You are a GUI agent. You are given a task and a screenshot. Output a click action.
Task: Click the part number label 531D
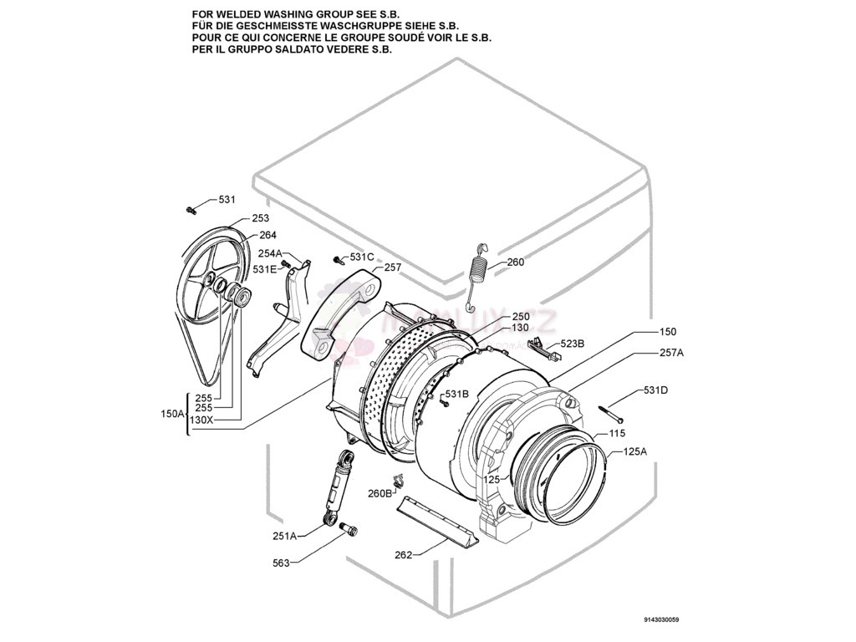pos(656,390)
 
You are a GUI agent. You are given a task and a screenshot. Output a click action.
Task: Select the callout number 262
pos(404,556)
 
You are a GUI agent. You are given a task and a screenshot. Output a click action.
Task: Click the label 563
pos(281,563)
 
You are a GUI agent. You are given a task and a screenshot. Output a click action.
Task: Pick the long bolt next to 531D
pos(612,413)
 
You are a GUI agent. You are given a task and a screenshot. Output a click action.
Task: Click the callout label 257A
pos(671,353)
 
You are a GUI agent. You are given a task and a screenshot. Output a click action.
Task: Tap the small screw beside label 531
pos(191,209)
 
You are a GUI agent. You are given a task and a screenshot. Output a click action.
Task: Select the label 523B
pos(572,344)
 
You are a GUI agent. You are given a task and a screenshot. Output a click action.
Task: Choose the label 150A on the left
pos(172,414)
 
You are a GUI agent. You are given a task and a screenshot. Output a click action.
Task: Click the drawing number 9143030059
pos(662,620)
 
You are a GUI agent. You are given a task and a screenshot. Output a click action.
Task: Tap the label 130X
pos(201,420)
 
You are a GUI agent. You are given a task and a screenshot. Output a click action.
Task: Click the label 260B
pos(380,493)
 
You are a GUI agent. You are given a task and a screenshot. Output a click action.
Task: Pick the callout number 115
pos(617,434)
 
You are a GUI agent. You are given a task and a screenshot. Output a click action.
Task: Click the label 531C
pos(362,257)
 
